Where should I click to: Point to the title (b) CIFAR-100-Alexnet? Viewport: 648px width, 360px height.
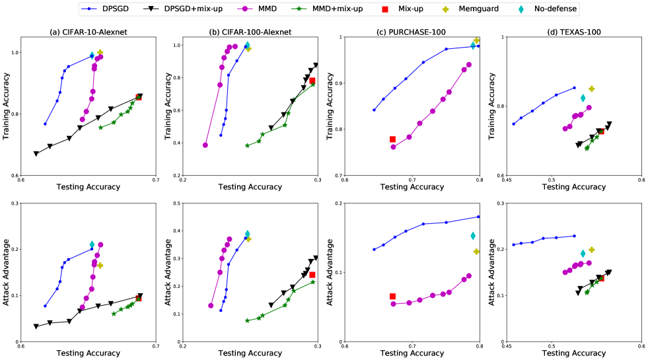[x=250, y=31]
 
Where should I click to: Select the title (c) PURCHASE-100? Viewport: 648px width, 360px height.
[x=412, y=31]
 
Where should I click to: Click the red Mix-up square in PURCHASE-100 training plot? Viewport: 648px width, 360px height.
[x=392, y=139]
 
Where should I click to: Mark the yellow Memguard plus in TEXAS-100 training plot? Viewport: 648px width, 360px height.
[x=592, y=89]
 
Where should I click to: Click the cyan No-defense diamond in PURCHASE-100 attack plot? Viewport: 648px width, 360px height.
[x=473, y=236]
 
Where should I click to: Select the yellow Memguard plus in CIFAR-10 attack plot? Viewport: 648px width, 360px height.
[x=100, y=266]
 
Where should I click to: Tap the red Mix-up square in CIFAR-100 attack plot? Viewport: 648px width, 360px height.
[x=312, y=275]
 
